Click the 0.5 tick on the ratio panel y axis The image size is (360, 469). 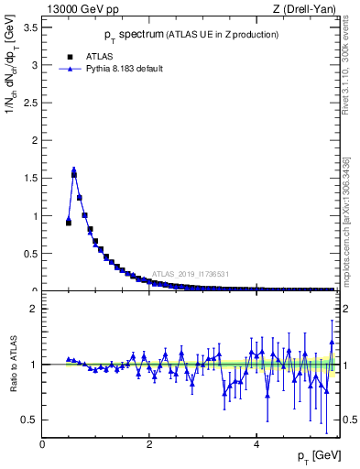31,420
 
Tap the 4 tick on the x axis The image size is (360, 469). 256,444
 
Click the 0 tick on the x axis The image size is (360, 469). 43,444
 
